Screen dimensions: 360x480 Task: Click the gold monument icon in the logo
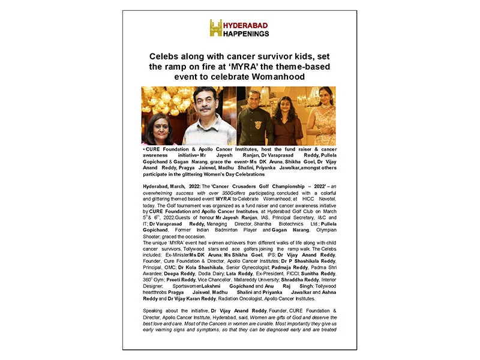pyautogui.click(x=215, y=28)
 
